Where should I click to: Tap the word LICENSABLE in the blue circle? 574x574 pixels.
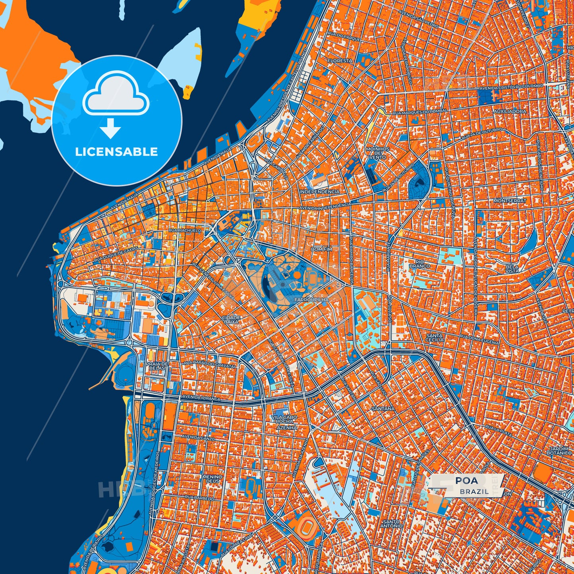(116, 152)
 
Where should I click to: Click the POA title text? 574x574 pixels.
(467, 481)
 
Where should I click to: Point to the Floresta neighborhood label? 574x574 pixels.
(340, 61)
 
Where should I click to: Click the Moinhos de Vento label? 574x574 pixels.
(377, 153)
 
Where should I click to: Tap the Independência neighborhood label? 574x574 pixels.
(319, 191)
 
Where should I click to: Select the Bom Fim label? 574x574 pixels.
(322, 249)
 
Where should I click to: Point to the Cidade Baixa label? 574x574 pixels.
(231, 320)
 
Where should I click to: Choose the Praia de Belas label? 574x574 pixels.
(157, 366)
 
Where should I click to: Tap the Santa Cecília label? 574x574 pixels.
(435, 338)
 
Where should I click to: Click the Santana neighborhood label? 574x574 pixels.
(383, 408)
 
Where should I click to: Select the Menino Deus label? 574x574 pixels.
(212, 479)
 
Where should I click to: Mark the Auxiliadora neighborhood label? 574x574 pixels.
(510, 112)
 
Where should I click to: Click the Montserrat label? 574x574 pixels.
(510, 201)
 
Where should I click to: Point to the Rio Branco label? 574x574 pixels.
(419, 264)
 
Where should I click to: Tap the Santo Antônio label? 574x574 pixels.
(391, 524)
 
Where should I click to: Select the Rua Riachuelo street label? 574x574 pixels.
(185, 230)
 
